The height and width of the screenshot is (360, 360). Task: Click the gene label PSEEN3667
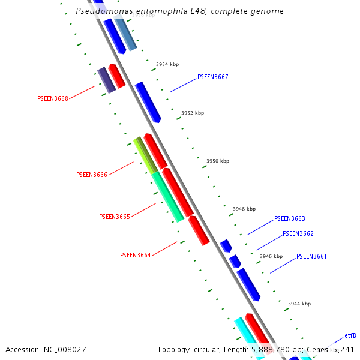click(x=212, y=77)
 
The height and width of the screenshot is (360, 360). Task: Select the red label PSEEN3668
click(x=53, y=98)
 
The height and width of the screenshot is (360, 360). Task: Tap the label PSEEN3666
click(x=92, y=175)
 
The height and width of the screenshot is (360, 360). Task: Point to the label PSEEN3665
click(x=115, y=217)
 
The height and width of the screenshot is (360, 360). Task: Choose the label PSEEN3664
click(x=136, y=255)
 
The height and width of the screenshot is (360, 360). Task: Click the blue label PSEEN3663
click(x=290, y=219)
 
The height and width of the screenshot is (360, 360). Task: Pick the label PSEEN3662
click(x=298, y=234)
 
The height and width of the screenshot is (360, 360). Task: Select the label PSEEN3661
click(x=311, y=257)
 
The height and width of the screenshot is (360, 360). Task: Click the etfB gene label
click(x=350, y=335)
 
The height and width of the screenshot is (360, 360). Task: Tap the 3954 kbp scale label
click(x=167, y=64)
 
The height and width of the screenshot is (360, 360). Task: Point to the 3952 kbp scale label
click(x=193, y=113)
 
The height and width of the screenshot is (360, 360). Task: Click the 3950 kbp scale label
click(x=218, y=161)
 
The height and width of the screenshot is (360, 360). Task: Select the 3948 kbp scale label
click(x=244, y=209)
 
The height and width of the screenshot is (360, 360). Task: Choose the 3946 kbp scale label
click(x=271, y=256)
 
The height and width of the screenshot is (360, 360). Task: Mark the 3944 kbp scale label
click(x=299, y=304)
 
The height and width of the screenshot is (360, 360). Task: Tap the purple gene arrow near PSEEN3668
click(x=106, y=80)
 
